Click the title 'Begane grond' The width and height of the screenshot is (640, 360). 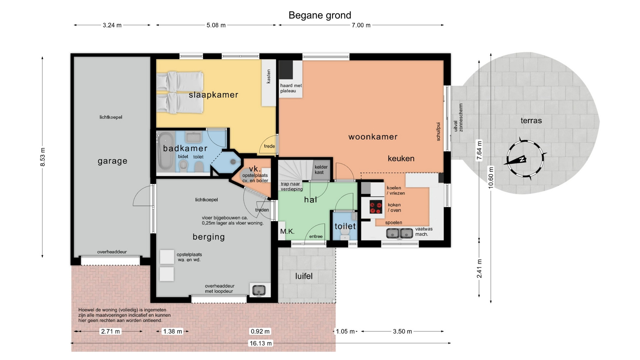pos(320,15)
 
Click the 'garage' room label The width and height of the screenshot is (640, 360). pos(112,161)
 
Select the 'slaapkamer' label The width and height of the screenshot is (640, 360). pos(213,95)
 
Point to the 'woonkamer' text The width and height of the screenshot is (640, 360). pos(373,137)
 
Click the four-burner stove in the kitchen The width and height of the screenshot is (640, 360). pos(376,207)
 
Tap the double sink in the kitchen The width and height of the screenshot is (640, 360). pos(399,233)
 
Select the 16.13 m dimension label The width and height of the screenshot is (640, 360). pos(261,343)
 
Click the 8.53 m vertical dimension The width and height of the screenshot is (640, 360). pos(43,157)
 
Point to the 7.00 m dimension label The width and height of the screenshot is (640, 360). pos(361,25)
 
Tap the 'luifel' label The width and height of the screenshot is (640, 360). pos(304,276)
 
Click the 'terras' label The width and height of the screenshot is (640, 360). pos(531,121)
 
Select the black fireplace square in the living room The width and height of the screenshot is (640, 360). pos(286,70)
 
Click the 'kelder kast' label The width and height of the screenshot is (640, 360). pos(321,170)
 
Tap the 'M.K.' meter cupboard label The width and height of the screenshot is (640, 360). pos(287,231)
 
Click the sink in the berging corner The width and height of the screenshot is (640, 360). pos(259,290)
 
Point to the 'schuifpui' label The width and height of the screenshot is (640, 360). pos(438,131)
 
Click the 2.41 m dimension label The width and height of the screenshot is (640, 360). pos(479,269)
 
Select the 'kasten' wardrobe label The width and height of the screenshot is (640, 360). pos(269,76)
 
